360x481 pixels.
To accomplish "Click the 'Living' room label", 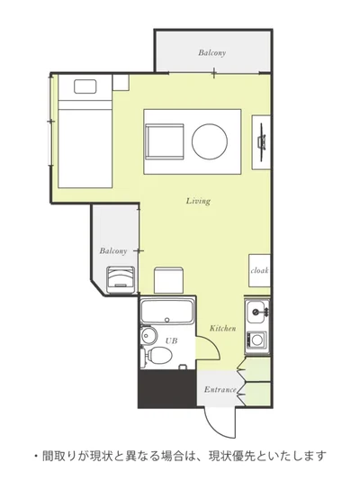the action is pos(198,201).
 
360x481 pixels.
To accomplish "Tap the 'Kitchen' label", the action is pos(222,328).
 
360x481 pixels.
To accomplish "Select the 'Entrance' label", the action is pos(220,390).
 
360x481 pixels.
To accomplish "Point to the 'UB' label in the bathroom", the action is pos(171,340).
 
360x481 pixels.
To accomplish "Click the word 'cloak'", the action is pos(259,270).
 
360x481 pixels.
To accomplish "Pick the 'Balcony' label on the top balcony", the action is pos(212,53).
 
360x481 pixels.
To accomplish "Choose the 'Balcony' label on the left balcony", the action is pos(113,251).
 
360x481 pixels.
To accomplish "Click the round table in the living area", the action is pos(210,141).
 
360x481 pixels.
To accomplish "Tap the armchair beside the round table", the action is pos(165,141).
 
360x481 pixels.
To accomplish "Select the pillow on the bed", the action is pos(85,86).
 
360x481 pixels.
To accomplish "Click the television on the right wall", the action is pos(261,142).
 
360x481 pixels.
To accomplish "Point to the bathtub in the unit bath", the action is pos(167,312).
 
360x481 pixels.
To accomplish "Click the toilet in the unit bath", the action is pos(157,355).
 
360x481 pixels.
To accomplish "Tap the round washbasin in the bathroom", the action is pos(148,334).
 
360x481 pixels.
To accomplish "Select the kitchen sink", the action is pos(256,312).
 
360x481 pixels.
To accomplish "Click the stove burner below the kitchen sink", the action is pos(256,340).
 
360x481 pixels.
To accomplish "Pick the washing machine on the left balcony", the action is pos(121,279).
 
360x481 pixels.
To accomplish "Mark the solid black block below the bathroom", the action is pos(167,388).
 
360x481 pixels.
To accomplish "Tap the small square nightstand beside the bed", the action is pos(121,82).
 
